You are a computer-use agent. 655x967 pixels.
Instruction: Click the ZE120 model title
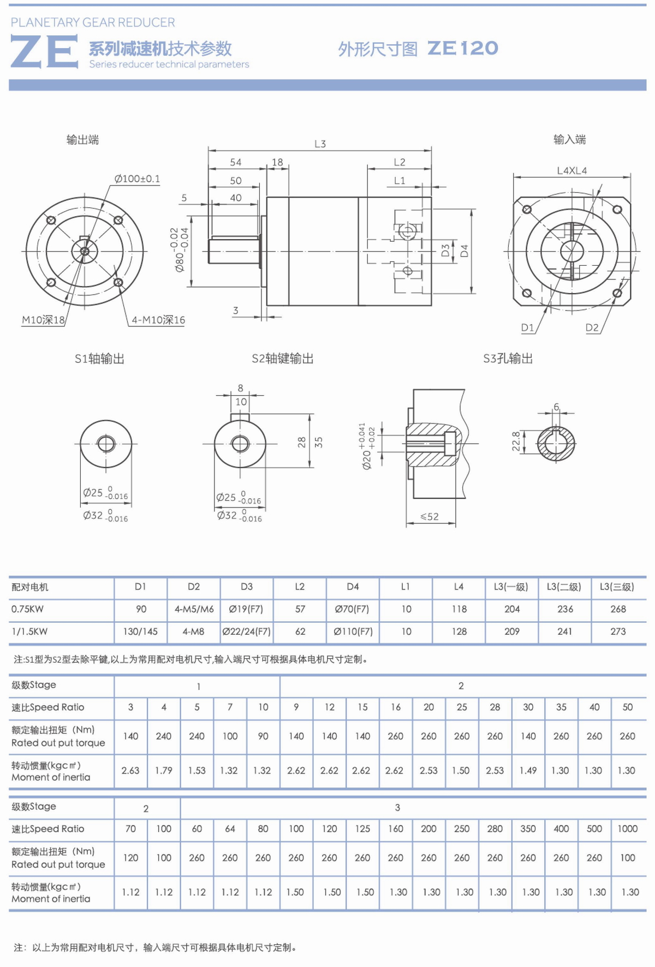tap(463, 49)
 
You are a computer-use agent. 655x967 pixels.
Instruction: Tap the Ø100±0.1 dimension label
tap(137, 179)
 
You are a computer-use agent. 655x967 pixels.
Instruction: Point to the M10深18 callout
tap(43, 320)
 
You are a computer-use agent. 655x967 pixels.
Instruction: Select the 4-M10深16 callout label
tap(158, 320)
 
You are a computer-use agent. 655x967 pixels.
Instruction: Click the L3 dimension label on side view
tap(320, 144)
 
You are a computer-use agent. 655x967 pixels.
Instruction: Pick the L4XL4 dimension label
tap(572, 171)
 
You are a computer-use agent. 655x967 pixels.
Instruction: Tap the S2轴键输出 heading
tap(283, 359)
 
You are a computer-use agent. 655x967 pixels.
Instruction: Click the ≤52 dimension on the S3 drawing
tap(430, 516)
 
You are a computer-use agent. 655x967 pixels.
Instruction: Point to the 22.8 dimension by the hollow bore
tap(516, 441)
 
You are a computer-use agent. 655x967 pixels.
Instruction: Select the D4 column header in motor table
tap(353, 587)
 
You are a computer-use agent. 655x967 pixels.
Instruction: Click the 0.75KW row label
tap(27, 609)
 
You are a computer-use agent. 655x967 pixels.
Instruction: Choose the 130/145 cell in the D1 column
tap(140, 631)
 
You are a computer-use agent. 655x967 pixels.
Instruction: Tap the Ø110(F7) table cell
tap(353, 631)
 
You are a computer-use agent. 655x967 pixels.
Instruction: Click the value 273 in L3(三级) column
tap(618, 631)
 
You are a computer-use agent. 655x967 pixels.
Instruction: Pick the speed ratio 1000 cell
tap(628, 828)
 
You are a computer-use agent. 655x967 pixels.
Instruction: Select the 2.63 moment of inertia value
tap(130, 771)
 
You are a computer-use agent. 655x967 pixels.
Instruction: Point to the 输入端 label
tap(569, 140)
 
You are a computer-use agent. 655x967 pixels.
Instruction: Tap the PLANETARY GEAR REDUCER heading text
tap(93, 22)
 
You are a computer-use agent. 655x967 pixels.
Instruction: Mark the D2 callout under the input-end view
tap(592, 327)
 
